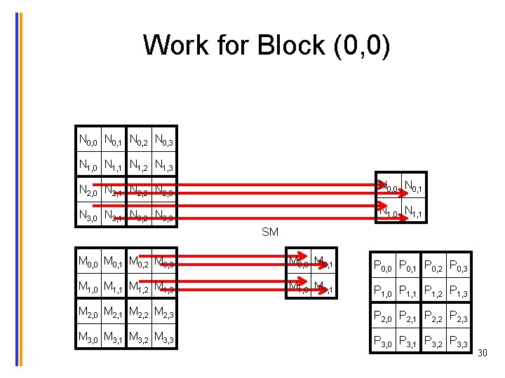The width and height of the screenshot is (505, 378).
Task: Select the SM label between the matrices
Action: pos(270,232)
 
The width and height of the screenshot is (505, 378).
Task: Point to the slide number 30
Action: pos(482,354)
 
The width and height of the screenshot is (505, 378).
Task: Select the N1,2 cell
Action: pos(139,167)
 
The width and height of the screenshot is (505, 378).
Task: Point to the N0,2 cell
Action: pos(139,141)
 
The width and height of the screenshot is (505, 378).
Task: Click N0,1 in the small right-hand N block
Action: pos(415,186)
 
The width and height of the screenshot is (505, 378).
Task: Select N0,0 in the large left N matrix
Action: pos(88,141)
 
